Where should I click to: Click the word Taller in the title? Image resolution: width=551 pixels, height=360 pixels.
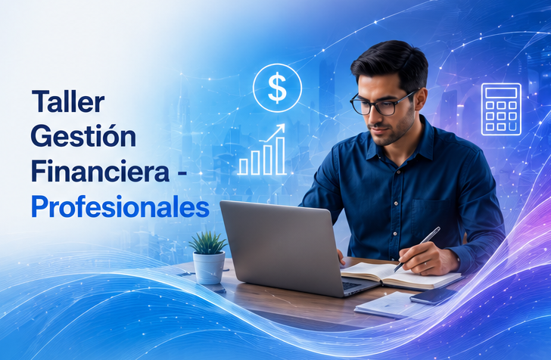(68, 101)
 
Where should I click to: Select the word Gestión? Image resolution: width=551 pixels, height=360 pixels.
(83, 136)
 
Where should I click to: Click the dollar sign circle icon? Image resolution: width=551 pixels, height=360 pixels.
(277, 88)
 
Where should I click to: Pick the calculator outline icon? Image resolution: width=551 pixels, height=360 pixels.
(501, 109)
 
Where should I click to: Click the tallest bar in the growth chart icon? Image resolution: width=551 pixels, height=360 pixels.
(280, 156)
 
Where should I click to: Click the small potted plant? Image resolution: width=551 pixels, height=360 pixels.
(209, 257)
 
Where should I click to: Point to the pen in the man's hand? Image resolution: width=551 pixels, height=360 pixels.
(417, 249)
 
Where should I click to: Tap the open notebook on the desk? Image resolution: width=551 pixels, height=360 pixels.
(400, 275)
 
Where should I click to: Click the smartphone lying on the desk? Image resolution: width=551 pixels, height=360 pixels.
(433, 296)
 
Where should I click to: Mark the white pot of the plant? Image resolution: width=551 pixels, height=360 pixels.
(209, 268)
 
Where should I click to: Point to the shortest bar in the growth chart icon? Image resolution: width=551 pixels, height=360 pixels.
(243, 166)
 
